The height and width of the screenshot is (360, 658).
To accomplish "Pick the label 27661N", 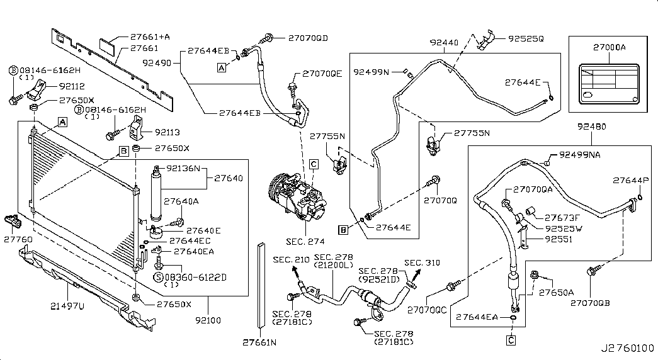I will [x=259, y=343].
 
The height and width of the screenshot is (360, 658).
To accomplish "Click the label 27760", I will [x=17, y=239].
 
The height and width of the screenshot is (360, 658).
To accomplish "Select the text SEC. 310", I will [x=422, y=262].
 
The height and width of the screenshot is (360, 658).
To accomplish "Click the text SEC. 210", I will [x=290, y=260].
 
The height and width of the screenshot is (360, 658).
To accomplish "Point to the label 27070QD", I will [x=309, y=38].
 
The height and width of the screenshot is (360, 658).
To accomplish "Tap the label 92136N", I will [x=183, y=169].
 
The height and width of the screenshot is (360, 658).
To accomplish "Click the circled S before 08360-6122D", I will [x=158, y=276].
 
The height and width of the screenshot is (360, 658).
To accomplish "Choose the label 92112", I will [x=72, y=86].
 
